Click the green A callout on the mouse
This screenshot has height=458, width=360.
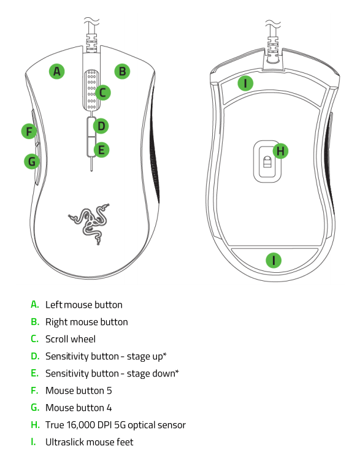[x=57, y=71]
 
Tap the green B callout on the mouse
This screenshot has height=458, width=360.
[x=123, y=71]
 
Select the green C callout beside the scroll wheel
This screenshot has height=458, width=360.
[x=102, y=93]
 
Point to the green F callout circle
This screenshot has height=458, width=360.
[x=28, y=131]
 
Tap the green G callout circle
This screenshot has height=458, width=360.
[x=31, y=161]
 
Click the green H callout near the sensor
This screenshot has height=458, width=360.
[x=280, y=150]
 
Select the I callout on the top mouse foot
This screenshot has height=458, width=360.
[x=245, y=83]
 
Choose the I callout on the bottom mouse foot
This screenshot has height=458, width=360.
[x=274, y=260]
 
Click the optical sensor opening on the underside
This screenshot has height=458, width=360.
[x=267, y=162]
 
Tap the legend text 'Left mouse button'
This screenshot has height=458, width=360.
[x=83, y=305]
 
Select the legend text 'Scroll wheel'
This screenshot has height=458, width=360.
[x=71, y=338]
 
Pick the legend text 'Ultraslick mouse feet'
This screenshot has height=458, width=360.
[x=89, y=441]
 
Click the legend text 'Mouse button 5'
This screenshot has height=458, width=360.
[x=79, y=390]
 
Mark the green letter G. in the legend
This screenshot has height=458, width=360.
[x=35, y=407]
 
